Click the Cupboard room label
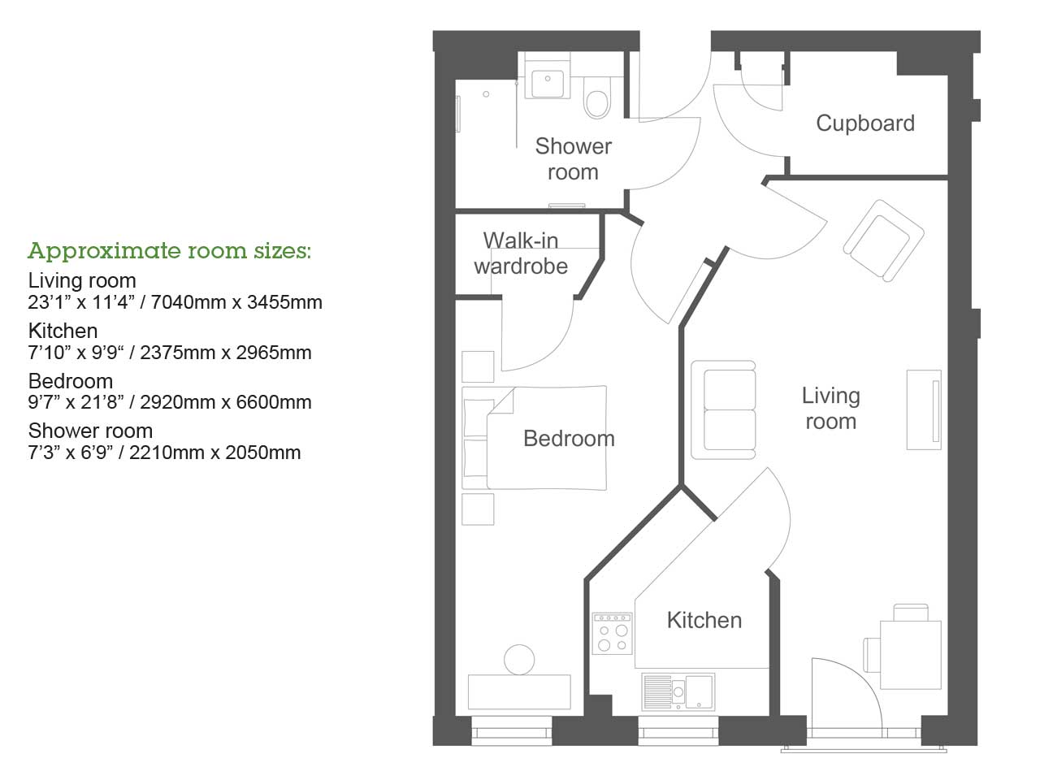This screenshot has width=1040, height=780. click(x=864, y=123)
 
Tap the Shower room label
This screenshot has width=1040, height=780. click(x=573, y=159)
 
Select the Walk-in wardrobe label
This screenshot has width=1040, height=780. click(x=521, y=253)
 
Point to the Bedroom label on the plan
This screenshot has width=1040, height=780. click(x=569, y=439)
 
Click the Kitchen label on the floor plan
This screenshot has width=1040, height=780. click(x=704, y=621)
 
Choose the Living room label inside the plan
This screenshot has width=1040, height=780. click(x=830, y=409)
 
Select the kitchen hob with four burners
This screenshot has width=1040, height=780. click(x=613, y=633)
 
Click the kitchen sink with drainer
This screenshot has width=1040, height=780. click(x=678, y=691)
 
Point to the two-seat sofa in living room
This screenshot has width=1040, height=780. click(x=723, y=410)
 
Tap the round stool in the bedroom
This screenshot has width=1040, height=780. click(x=519, y=660)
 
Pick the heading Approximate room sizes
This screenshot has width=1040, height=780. click(x=169, y=250)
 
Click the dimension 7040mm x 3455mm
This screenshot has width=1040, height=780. click(x=236, y=302)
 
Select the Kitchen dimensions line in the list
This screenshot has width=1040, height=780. click(x=170, y=353)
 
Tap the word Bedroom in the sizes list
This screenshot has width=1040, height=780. click(x=71, y=381)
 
